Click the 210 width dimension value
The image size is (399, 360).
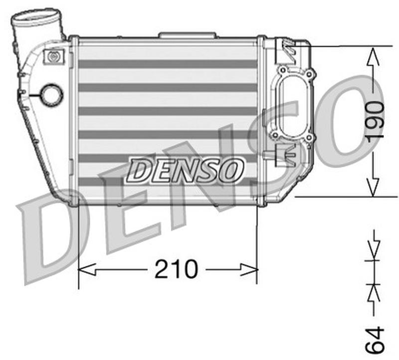click(x=176, y=270)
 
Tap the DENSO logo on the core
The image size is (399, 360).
click(x=185, y=170)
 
